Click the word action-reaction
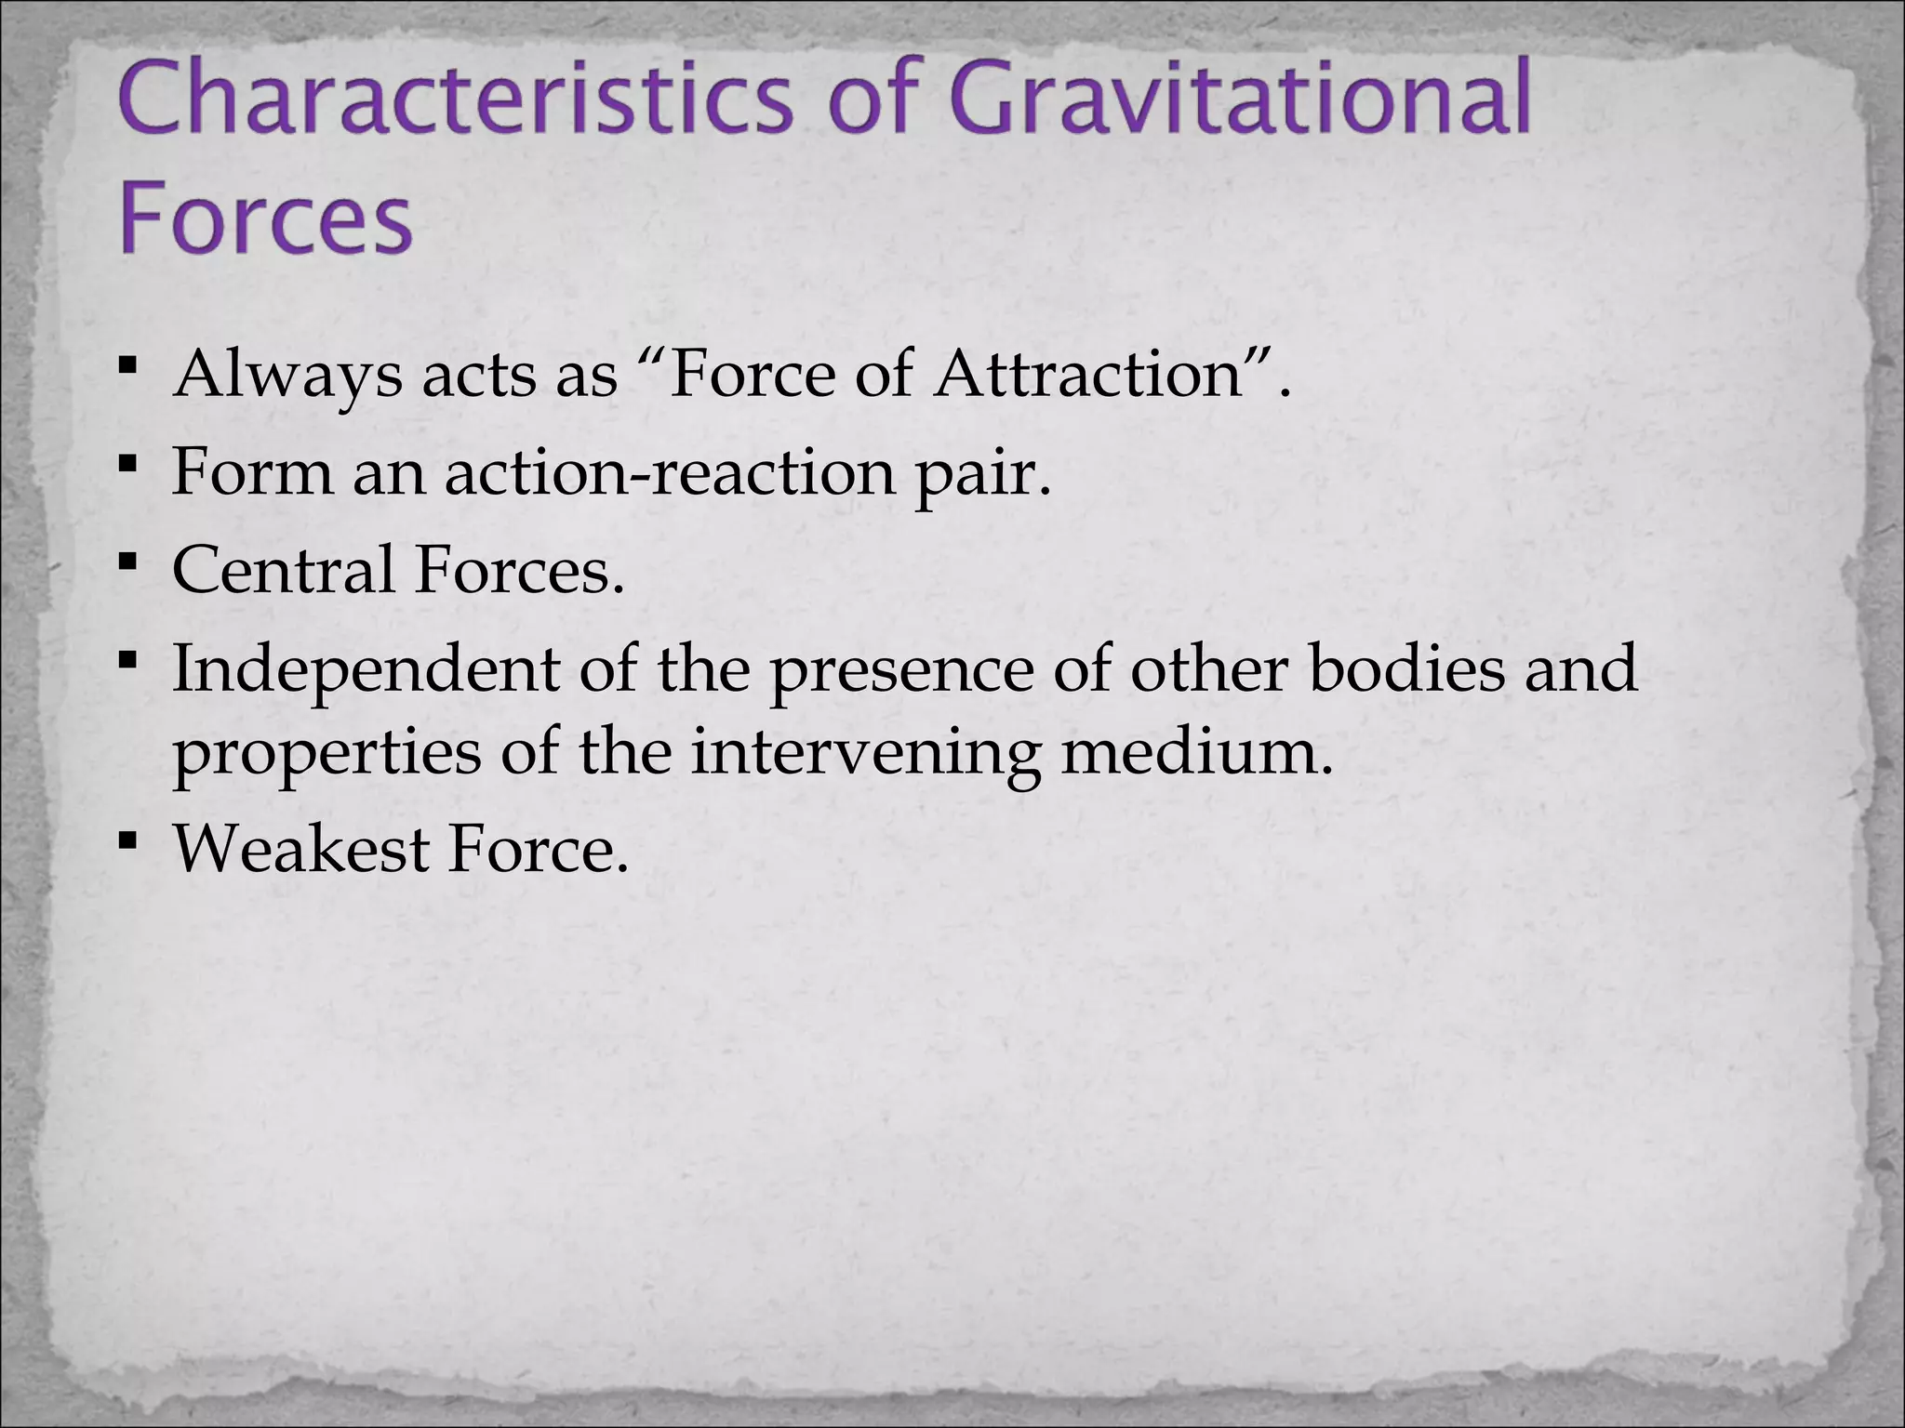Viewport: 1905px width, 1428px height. pos(669,472)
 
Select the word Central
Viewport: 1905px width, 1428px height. pos(283,570)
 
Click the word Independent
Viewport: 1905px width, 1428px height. pos(366,671)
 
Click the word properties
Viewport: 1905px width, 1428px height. pos(326,754)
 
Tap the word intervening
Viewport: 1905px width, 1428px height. pos(865,752)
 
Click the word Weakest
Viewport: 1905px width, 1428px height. pos(300,849)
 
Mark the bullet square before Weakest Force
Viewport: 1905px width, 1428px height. pos(128,840)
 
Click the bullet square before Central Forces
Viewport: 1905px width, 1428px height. pos(128,561)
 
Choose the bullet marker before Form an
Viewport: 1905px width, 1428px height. pos(128,461)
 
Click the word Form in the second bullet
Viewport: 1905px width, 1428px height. pos(252,472)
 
